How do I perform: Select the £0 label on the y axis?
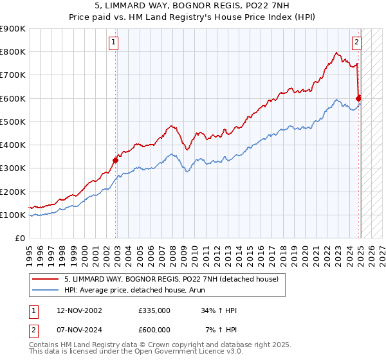point(21,238)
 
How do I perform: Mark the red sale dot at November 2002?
point(116,160)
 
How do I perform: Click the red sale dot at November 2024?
point(359,98)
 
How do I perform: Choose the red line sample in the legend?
point(45,279)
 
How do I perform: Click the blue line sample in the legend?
point(45,290)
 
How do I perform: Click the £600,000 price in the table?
point(154,329)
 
